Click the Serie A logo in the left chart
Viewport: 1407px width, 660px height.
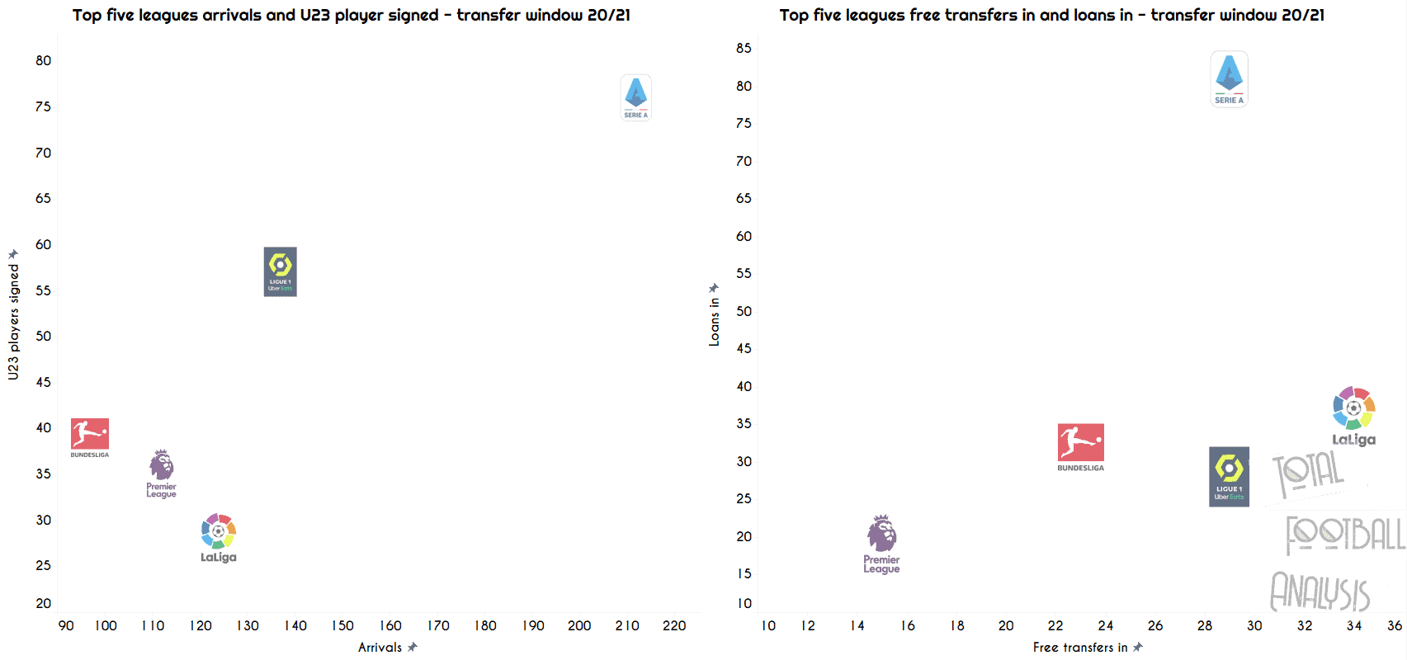[635, 97]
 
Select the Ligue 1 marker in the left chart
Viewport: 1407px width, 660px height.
[280, 271]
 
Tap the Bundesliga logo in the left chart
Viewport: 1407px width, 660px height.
[89, 436]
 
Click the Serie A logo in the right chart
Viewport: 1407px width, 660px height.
[1229, 78]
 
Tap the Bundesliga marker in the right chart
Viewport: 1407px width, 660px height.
[1080, 445]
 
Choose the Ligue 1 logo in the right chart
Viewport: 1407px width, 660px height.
[1229, 476]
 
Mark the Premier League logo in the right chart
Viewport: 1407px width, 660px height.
[881, 542]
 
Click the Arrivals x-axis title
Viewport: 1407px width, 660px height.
[380, 648]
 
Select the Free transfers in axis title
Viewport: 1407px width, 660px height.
[1079, 648]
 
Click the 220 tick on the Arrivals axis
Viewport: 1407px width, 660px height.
[674, 625]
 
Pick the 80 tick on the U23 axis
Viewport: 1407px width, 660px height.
[43, 60]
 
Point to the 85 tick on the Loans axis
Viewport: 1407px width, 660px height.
[744, 48]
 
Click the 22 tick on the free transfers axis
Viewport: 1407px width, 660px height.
[1055, 625]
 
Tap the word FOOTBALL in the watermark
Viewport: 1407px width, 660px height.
[1345, 535]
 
